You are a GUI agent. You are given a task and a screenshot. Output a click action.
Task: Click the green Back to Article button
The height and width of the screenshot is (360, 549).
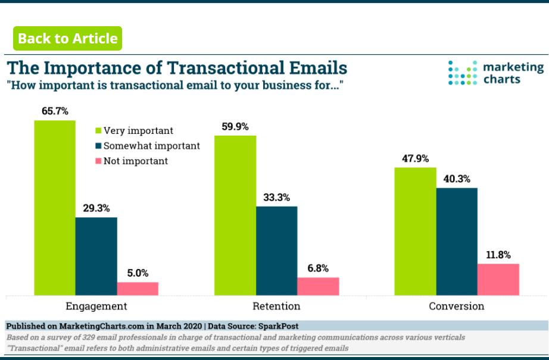coord(67,39)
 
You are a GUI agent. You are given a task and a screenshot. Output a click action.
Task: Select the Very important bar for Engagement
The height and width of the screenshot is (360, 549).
coord(55,208)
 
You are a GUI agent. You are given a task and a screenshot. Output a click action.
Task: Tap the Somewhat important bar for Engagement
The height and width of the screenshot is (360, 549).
coord(96,256)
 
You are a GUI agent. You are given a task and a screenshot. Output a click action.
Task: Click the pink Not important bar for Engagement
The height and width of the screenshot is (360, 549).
coord(138,289)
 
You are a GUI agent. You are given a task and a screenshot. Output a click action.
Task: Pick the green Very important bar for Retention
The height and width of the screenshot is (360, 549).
coord(235,215)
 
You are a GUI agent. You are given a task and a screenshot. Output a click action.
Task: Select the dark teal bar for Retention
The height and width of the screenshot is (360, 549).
coord(277,251)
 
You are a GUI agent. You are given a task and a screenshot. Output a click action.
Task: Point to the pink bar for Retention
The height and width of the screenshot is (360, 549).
coord(319,287)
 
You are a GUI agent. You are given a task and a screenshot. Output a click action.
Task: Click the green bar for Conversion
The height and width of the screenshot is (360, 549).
coord(415,231)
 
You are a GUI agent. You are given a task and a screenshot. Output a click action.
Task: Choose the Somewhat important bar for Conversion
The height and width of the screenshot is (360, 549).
coord(457,242)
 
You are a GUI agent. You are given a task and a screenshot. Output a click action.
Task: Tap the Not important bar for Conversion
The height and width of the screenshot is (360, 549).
coord(498,280)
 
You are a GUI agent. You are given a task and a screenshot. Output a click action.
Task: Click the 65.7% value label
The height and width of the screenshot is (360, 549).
coord(55,111)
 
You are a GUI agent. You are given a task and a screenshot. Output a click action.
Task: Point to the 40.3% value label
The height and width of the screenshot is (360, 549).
coord(457,179)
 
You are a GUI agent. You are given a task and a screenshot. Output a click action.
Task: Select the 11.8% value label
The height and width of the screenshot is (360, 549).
coord(498,255)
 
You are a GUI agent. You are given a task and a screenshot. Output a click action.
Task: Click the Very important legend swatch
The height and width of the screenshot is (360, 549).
coord(98,130)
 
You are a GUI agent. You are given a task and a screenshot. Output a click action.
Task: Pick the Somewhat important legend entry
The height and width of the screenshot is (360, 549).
coord(148,146)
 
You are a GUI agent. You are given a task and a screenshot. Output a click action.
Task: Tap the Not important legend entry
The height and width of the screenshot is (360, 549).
coord(132,161)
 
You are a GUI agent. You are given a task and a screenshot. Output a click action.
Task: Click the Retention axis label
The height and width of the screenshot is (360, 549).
coord(277,306)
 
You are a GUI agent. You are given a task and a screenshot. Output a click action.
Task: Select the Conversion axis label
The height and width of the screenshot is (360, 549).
coord(457,306)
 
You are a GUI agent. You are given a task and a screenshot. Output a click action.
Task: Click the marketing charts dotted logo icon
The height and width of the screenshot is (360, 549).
coord(463,73)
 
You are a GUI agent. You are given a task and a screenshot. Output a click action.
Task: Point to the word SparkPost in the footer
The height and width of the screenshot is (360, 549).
coord(278,326)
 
